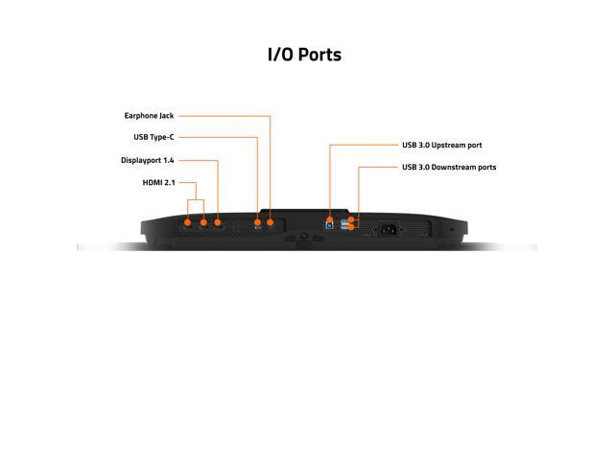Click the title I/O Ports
(x=304, y=54)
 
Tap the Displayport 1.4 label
(x=148, y=160)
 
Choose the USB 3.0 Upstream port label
(x=441, y=145)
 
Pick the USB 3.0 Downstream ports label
(x=448, y=167)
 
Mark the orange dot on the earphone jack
(x=271, y=222)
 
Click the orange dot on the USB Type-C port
(x=257, y=222)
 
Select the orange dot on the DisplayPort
(x=218, y=222)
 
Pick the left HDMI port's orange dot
(x=187, y=222)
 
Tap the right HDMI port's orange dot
(x=202, y=222)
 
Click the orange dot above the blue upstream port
(x=330, y=218)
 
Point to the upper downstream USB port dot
(x=353, y=219)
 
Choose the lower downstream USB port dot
(x=353, y=228)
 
